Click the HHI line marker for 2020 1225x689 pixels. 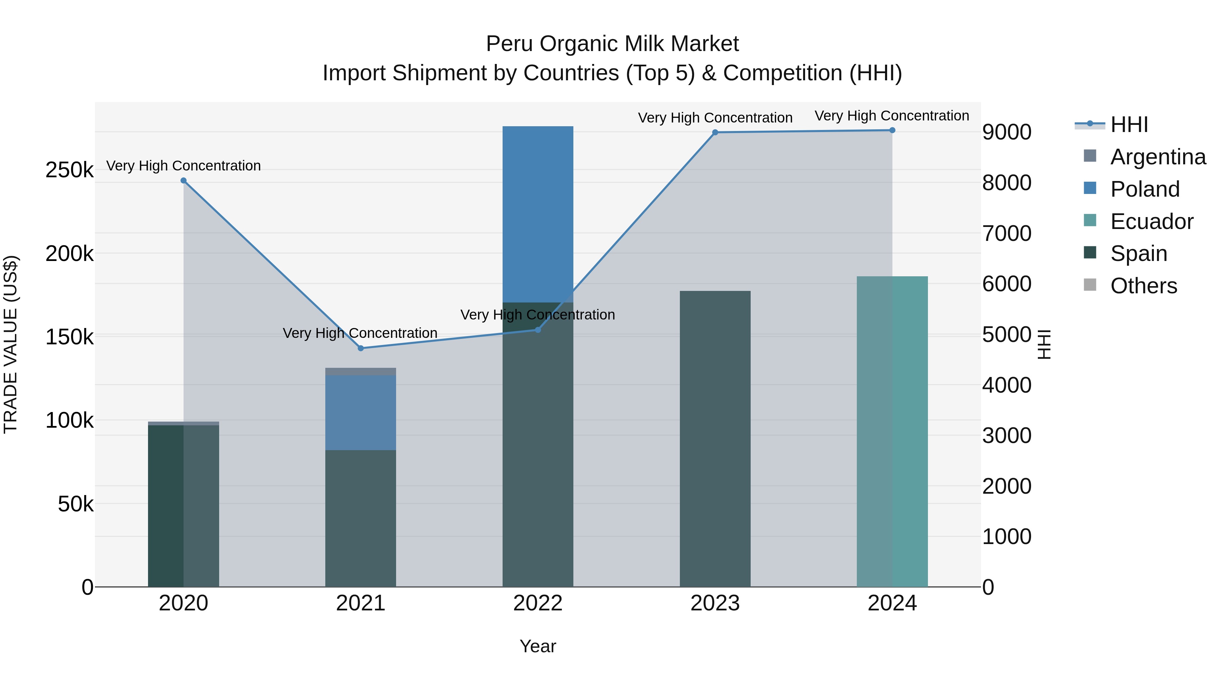(183, 181)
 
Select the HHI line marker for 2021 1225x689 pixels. (360, 348)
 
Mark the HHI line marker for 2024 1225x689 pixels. (892, 130)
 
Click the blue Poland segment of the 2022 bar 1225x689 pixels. (538, 214)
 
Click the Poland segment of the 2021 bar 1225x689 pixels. (360, 412)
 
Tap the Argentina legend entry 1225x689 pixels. (1158, 157)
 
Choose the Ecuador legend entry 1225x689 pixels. (1152, 222)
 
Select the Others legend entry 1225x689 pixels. (1144, 286)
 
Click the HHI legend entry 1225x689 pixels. (1129, 125)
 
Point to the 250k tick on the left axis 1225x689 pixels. (69, 170)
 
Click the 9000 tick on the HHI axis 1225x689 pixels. (1007, 132)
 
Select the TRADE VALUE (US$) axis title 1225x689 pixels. (11, 344)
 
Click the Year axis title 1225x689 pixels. (538, 646)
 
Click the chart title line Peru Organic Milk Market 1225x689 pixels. (612, 44)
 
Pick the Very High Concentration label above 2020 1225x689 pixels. (183, 165)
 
